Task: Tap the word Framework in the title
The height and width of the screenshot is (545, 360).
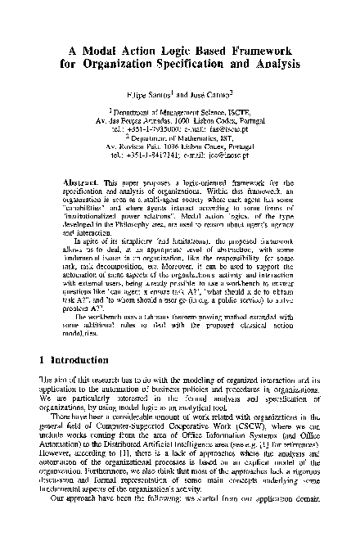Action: [258, 48]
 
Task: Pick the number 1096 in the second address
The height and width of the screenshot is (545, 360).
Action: [168, 152]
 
